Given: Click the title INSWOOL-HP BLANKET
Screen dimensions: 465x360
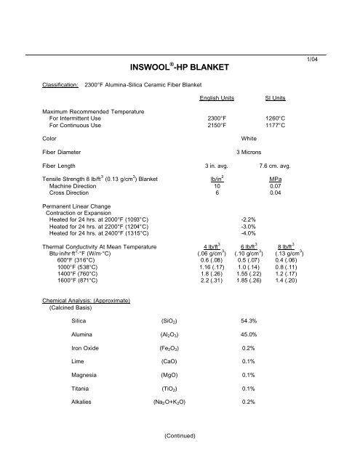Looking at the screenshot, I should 179,68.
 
